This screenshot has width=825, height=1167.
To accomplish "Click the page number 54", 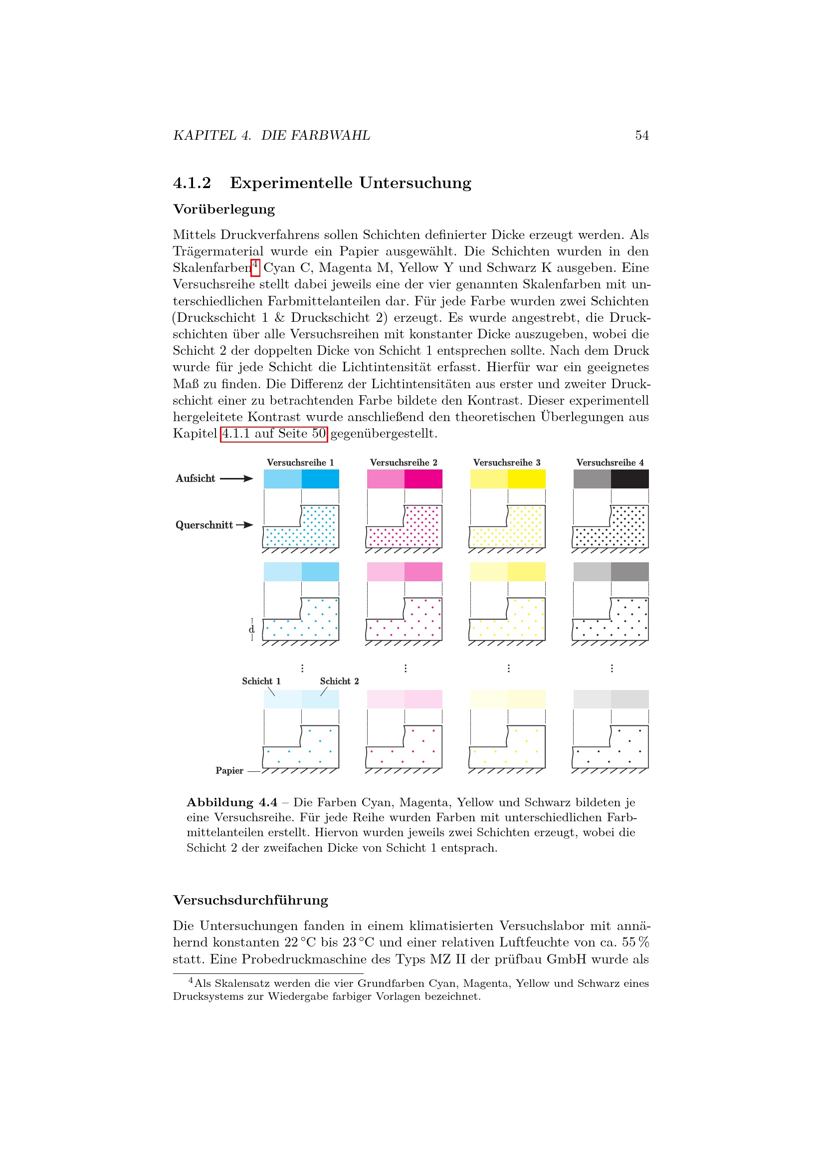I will (641, 135).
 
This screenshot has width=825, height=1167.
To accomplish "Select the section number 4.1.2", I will (192, 183).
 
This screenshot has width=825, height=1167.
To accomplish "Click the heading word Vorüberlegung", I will (224, 210).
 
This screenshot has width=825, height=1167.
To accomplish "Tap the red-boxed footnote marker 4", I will (255, 265).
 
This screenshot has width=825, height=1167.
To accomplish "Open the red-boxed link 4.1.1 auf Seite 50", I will (274, 434).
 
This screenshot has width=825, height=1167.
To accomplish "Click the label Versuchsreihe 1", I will (300, 463).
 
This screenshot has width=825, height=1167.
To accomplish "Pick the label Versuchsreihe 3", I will (506, 463).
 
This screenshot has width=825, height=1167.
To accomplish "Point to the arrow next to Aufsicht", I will (236, 478).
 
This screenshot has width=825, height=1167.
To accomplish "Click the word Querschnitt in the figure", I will (204, 525).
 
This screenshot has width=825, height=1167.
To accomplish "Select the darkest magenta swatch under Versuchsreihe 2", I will (423, 479).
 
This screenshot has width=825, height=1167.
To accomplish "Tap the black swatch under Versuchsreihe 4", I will (629, 479).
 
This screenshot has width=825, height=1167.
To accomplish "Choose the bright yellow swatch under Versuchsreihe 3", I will (526, 479).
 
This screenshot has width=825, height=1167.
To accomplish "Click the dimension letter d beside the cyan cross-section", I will (251, 630).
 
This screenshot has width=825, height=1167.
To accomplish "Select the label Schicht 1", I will (261, 681).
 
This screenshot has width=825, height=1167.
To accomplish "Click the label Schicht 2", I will (339, 681).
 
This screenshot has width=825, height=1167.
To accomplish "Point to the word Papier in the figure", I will (229, 770).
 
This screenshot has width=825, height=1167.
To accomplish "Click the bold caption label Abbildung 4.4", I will (232, 803).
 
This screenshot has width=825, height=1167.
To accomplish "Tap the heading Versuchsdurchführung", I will (250, 900).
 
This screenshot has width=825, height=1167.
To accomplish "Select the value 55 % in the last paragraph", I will (635, 942).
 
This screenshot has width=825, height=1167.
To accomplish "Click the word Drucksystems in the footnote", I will (207, 996).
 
